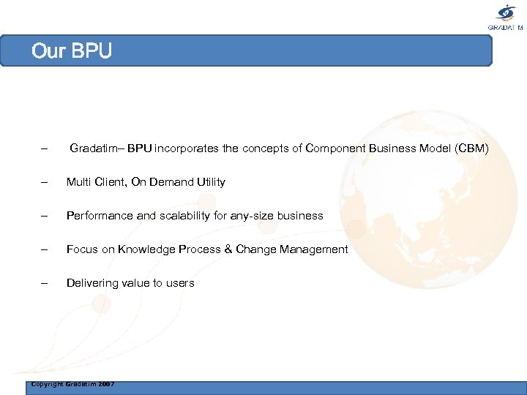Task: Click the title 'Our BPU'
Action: [x=71, y=52]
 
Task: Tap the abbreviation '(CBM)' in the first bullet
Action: [x=471, y=148]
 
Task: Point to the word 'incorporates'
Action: [x=187, y=148]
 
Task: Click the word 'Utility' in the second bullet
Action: [x=209, y=182]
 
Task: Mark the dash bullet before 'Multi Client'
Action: [x=45, y=182]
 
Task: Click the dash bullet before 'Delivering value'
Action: [x=45, y=283]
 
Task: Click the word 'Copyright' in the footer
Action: [x=47, y=384]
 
